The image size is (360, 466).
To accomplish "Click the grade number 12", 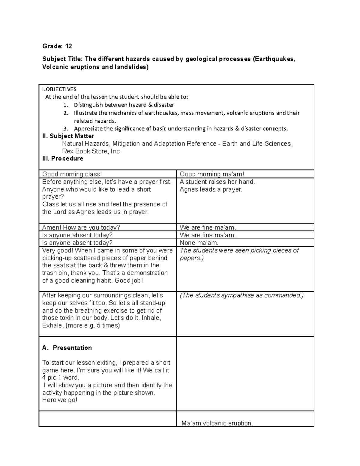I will pos(68,46).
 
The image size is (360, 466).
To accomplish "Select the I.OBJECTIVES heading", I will pos(59,89).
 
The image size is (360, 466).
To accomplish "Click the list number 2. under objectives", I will pos(66,113).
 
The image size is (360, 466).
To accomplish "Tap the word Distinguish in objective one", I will pos(88,105).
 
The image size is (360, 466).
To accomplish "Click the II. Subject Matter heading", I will pos(68,136).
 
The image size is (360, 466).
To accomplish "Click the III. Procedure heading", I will pos(63,158).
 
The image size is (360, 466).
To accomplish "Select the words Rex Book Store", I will pos(85,152).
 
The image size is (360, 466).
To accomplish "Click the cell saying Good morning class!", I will pos(72,174).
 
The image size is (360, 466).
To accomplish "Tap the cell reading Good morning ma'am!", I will pos(212,174).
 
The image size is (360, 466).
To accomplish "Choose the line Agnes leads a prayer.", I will pos(211,189).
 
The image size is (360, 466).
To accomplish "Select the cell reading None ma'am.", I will pos(199,243).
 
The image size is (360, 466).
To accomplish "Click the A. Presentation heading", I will pos(67,348).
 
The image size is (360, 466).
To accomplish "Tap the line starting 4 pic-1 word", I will pos(61,377).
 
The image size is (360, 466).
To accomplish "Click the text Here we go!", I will pos(60,400).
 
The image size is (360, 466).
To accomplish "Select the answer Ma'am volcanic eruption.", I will pos(217,423).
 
